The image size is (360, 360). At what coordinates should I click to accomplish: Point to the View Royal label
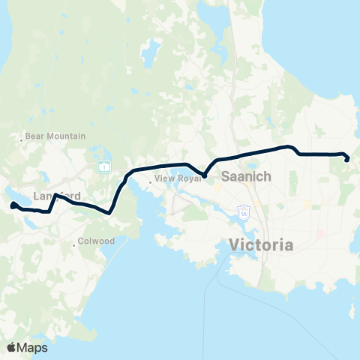coord(178,180)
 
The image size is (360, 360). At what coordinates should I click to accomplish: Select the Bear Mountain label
coord(55,136)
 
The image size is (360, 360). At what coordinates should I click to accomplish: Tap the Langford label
coord(57,196)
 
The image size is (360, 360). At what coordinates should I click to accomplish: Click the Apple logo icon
coord(11,347)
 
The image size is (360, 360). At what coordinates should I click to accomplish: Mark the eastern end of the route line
coord(346,158)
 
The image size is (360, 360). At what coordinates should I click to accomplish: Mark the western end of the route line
coord(13,205)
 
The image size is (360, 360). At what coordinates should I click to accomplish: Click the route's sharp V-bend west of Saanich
coord(204,175)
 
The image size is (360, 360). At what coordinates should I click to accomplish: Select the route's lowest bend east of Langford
coord(110,211)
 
